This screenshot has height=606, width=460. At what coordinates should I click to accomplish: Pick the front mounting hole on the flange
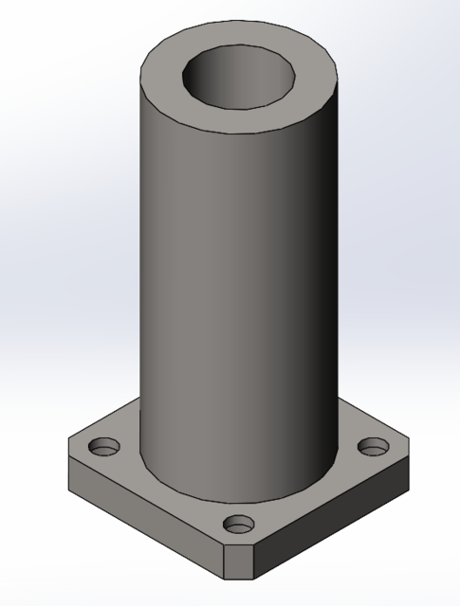[240, 522]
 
